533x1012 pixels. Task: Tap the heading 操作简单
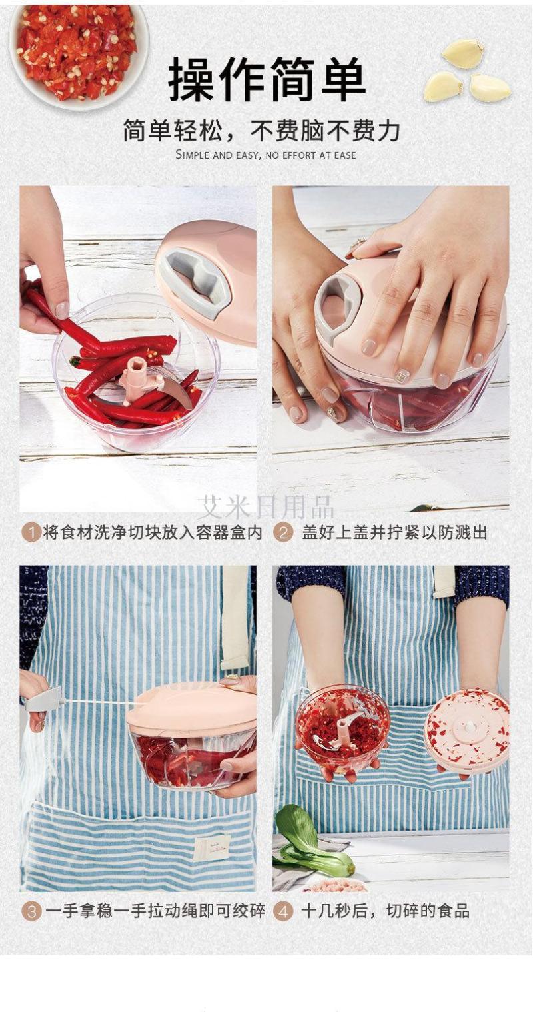(267, 79)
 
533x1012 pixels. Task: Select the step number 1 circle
(31, 533)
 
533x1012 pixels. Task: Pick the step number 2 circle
(283, 533)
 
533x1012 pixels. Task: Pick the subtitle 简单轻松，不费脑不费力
(262, 130)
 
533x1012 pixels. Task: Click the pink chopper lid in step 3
(191, 705)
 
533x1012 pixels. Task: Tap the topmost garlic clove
(462, 53)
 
